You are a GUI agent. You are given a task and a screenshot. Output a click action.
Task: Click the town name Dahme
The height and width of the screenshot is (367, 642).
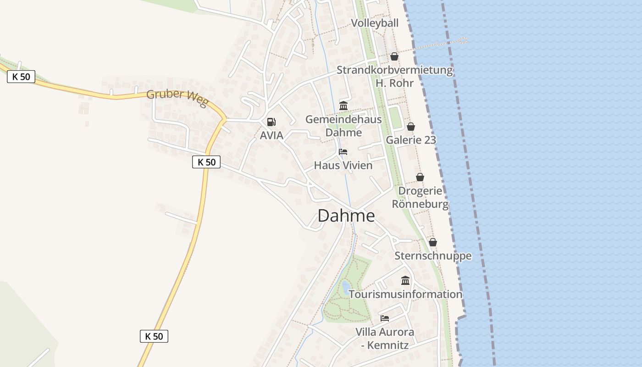click(346, 216)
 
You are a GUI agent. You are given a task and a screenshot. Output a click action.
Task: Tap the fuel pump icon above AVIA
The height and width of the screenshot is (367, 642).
click(271, 122)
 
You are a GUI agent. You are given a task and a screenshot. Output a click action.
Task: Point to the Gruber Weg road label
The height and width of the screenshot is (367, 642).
click(177, 98)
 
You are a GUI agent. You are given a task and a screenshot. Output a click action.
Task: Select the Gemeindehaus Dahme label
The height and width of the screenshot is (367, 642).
click(343, 126)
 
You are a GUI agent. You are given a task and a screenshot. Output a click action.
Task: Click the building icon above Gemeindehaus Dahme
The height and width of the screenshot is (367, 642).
click(343, 106)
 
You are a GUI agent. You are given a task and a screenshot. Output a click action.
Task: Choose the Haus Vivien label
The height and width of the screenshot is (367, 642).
click(343, 165)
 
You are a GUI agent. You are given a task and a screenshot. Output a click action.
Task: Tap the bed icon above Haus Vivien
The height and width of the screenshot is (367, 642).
click(343, 152)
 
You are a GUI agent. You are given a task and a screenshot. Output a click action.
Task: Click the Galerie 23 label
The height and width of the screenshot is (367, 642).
click(411, 140)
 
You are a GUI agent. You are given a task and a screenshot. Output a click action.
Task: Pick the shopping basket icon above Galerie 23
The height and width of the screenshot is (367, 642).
click(411, 127)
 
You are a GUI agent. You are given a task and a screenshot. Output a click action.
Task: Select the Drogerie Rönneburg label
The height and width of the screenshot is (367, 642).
click(420, 197)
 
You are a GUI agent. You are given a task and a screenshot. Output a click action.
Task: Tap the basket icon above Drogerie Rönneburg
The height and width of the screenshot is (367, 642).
click(420, 177)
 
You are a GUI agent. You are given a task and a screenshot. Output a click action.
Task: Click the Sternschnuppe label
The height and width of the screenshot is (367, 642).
click(433, 256)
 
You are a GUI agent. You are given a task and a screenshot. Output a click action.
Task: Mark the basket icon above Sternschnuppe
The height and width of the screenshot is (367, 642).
click(433, 242)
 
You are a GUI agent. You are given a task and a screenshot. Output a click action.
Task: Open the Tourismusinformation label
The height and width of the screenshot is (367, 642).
click(405, 294)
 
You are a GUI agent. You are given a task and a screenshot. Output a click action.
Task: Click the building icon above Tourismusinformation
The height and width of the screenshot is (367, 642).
click(405, 280)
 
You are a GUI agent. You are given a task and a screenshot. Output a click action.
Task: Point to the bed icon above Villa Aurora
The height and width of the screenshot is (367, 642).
click(385, 318)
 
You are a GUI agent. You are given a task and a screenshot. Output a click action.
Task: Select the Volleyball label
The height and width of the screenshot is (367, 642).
click(375, 23)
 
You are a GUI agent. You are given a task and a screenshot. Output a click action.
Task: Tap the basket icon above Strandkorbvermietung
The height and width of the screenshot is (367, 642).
click(394, 56)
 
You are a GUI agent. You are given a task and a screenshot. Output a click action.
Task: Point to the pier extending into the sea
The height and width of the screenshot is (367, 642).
click(440, 44)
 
